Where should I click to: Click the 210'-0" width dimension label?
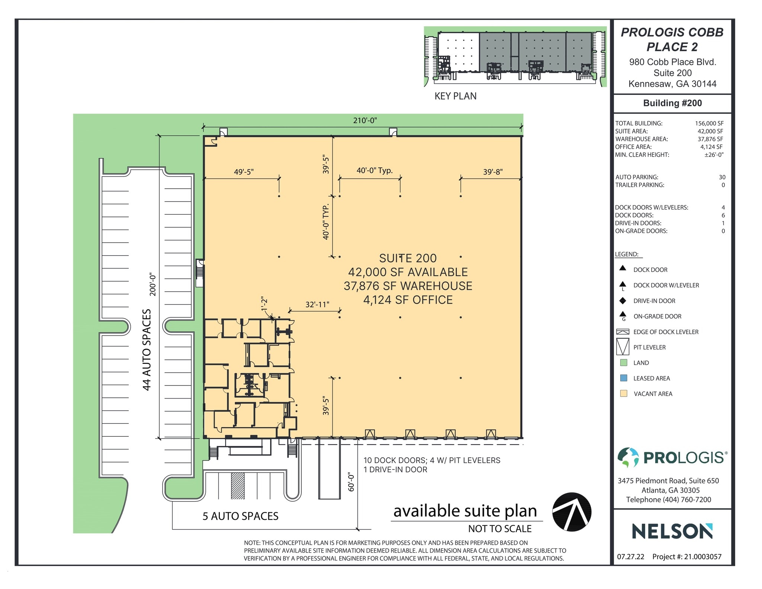click(x=365, y=121)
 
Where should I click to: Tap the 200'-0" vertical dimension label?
click(x=153, y=285)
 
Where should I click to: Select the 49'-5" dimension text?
click(x=244, y=172)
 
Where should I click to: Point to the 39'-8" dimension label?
click(x=493, y=172)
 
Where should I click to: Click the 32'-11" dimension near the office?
click(x=317, y=305)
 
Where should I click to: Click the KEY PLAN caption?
click(x=455, y=96)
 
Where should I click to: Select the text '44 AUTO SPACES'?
click(x=147, y=350)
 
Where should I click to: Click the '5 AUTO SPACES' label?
click(x=240, y=516)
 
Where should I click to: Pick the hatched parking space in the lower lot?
click(x=238, y=486)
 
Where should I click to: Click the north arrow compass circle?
click(x=571, y=512)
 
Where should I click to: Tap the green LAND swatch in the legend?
click(x=624, y=363)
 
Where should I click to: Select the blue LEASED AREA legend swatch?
click(x=624, y=378)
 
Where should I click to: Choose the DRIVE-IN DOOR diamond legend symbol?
click(x=623, y=301)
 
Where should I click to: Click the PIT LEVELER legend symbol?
click(x=623, y=347)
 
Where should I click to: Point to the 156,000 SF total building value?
click(x=709, y=124)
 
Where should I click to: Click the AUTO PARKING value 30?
click(x=722, y=177)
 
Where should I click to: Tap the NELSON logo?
click(x=672, y=531)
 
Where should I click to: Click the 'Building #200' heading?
click(x=672, y=103)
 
